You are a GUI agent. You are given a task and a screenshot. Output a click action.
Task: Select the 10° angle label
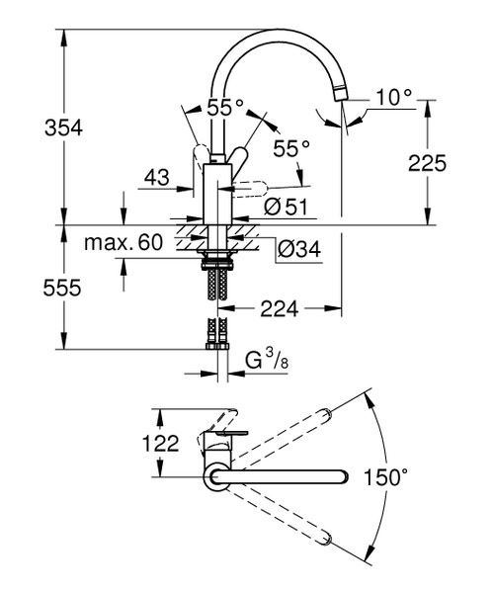[391, 97]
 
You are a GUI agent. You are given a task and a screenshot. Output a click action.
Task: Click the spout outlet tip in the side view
[342, 93]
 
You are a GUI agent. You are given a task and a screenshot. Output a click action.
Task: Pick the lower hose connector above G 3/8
[216, 341]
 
